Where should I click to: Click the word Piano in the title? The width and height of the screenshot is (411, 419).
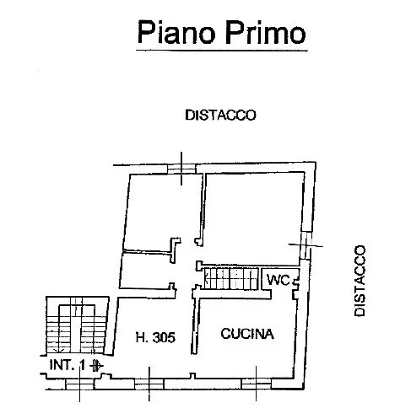click(x=176, y=32)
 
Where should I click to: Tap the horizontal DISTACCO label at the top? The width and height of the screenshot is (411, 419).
click(x=220, y=115)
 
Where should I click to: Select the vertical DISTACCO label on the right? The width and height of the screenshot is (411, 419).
click(x=360, y=281)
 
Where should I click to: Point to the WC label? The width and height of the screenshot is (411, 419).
click(x=279, y=280)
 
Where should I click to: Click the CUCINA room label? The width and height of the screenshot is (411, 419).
click(x=247, y=334)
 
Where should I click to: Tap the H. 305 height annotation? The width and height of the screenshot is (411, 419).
click(x=155, y=337)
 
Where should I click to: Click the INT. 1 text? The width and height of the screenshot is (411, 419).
click(x=68, y=365)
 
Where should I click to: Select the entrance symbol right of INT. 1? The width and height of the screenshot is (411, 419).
click(x=96, y=365)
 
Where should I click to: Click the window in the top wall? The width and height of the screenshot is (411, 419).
click(x=181, y=169)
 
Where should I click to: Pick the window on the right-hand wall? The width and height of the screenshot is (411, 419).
click(x=306, y=245)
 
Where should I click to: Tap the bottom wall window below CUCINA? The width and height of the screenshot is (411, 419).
click(x=256, y=384)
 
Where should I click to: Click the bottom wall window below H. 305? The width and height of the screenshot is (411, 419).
click(x=149, y=384)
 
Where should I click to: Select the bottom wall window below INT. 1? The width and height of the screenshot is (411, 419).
click(x=79, y=384)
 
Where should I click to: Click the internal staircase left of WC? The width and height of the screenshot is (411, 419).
click(x=231, y=279)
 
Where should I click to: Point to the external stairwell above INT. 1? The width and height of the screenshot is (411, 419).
click(x=78, y=325)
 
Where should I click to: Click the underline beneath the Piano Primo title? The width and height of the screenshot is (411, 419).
click(x=222, y=51)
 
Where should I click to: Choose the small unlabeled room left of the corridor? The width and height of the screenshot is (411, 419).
click(x=146, y=271)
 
